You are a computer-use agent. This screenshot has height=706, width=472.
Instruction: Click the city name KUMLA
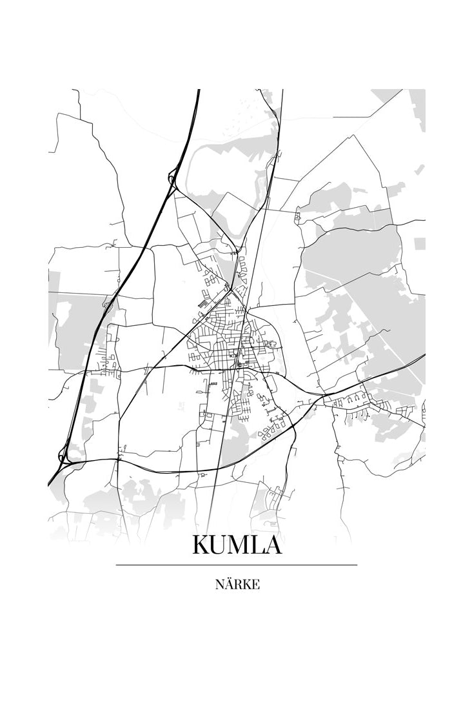[236, 545]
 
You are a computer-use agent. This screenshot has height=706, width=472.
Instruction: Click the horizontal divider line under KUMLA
[236, 565]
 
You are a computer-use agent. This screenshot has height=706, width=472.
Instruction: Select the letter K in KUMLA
[202, 545]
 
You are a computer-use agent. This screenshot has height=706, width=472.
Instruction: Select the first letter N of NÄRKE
[218, 585]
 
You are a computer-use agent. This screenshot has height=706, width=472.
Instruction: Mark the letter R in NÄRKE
[236, 585]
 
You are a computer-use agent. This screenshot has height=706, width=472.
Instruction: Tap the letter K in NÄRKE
[245, 585]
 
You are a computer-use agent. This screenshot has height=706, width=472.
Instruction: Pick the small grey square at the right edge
[419, 243]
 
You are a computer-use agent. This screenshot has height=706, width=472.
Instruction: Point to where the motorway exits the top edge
[198, 91]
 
